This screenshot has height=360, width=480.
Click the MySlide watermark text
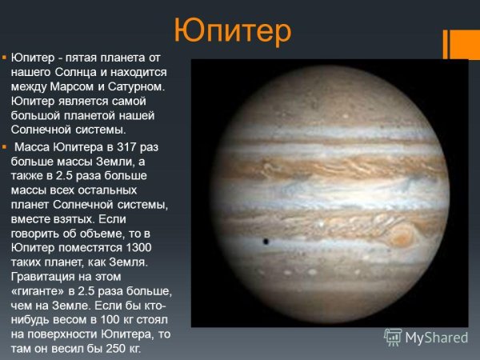pos(437,338)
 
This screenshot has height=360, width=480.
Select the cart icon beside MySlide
pos(393,338)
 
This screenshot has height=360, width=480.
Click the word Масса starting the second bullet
pos(32,146)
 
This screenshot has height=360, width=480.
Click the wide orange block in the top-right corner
pos(466,44)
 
